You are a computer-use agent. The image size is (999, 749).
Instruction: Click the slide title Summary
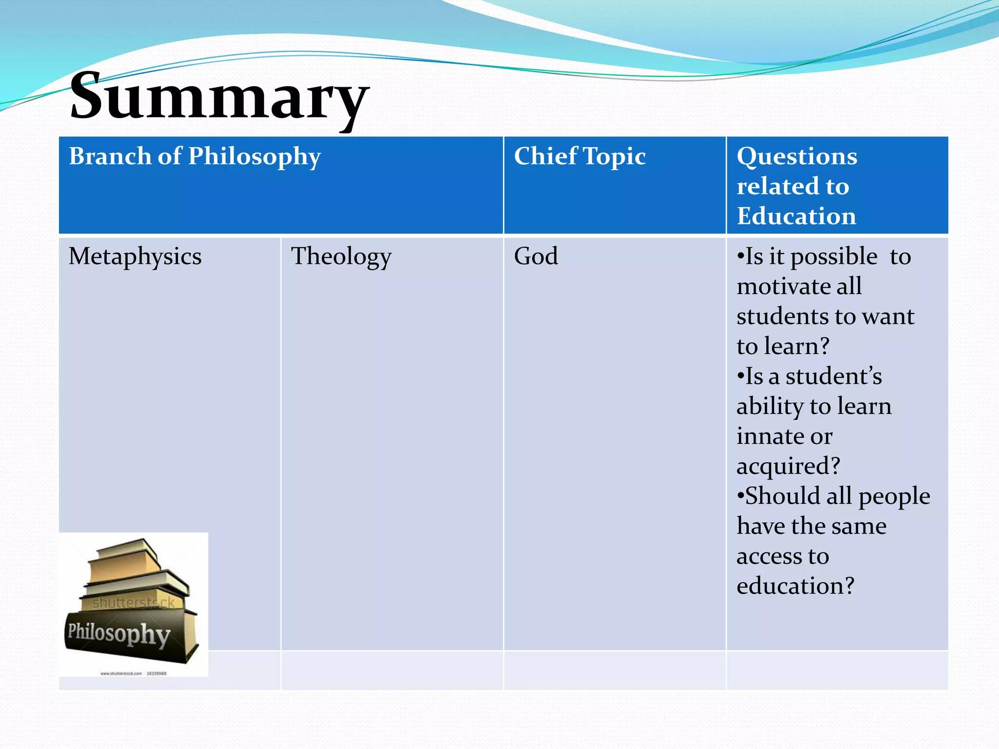pos(220,97)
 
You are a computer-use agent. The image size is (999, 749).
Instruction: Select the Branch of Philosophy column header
pos(195,157)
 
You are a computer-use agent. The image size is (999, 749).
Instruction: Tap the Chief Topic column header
pos(579,157)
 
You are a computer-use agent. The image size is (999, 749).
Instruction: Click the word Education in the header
pos(796,216)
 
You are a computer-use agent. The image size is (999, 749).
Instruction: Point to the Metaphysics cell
pos(135,256)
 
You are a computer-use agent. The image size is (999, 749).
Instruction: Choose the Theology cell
pos(341,256)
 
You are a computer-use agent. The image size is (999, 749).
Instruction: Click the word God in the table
pos(536,256)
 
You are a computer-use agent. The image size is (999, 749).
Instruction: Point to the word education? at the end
pos(795,586)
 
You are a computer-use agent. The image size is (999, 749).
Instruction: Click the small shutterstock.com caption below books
pos(133,673)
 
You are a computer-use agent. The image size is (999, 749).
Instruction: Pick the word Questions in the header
pos(797,157)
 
